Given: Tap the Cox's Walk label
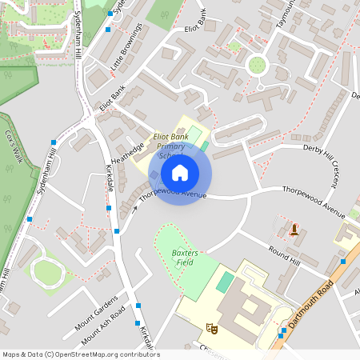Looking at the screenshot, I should (14, 146).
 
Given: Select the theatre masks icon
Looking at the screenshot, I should (212, 327).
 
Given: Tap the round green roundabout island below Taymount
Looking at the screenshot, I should (256, 65).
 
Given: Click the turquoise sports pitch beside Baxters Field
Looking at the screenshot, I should (226, 282).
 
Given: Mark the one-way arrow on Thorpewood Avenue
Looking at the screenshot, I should (134, 209).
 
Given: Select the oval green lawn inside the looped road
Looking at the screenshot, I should (48, 273).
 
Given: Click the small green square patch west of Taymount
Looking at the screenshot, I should (234, 46).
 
